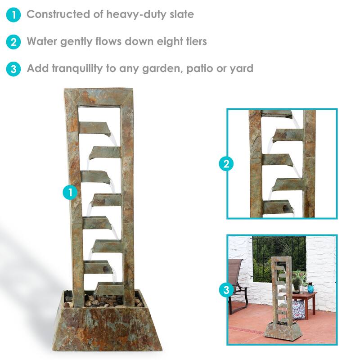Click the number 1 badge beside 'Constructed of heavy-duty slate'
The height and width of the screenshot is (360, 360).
click(14, 15)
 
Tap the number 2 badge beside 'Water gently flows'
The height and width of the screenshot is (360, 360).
click(14, 42)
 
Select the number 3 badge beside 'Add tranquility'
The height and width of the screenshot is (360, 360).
click(14, 69)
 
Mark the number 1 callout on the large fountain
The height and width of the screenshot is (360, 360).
click(70, 193)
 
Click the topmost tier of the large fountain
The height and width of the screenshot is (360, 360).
click(94, 128)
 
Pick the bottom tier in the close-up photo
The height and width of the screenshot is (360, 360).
click(278, 207)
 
